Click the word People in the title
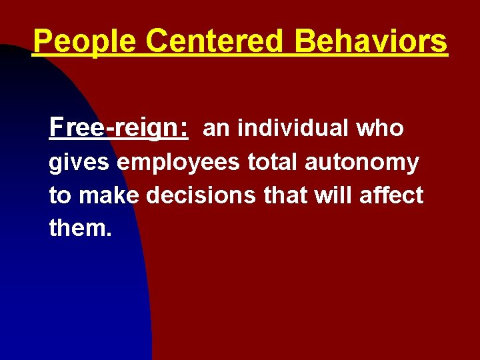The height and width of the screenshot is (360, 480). pos(84,42)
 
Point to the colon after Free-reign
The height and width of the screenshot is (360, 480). pos(183,129)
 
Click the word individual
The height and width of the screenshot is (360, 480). pos(294,127)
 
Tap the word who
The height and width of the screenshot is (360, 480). pos(380,127)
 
